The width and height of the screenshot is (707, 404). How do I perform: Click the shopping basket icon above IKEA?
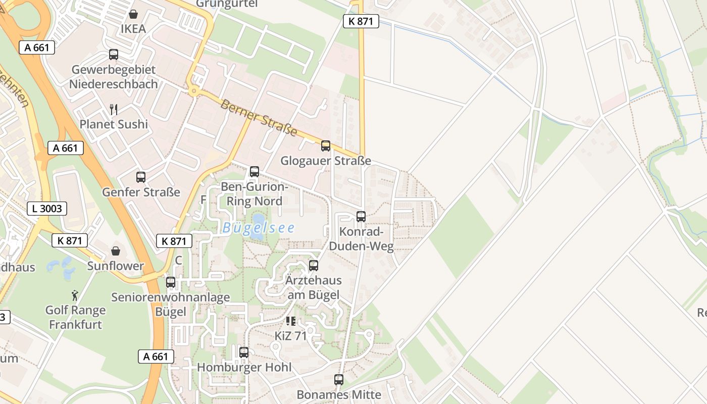tap(133, 14)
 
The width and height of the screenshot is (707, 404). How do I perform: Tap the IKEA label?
tap(133, 29)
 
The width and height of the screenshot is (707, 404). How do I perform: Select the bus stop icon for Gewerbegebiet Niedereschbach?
tap(114, 55)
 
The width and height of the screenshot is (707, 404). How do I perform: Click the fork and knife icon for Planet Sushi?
tap(114, 109)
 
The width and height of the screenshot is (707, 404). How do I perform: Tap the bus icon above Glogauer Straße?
tap(326, 146)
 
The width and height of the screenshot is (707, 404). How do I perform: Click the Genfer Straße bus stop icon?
tap(141, 177)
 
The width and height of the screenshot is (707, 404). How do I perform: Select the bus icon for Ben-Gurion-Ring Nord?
tap(255, 172)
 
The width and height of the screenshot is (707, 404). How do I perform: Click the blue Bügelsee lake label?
tap(259, 228)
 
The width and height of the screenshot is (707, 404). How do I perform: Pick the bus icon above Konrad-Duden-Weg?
tap(361, 217)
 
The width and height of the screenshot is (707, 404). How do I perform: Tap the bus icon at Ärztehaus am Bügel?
tap(314, 266)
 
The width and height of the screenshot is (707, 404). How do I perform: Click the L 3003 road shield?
tap(46, 208)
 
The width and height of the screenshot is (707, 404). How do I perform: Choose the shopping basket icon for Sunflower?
tap(116, 251)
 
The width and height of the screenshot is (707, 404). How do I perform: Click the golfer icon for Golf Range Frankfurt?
tap(75, 295)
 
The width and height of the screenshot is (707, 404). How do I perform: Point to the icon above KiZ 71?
tap(290, 321)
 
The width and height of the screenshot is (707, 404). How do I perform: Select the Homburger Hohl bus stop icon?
tap(244, 352)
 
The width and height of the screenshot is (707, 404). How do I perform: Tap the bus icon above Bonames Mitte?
tap(339, 380)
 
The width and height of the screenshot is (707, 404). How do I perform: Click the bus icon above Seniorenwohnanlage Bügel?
tap(171, 282)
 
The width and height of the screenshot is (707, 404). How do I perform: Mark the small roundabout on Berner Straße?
tap(193, 91)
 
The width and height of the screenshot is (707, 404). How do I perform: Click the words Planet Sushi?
tap(114, 124)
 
